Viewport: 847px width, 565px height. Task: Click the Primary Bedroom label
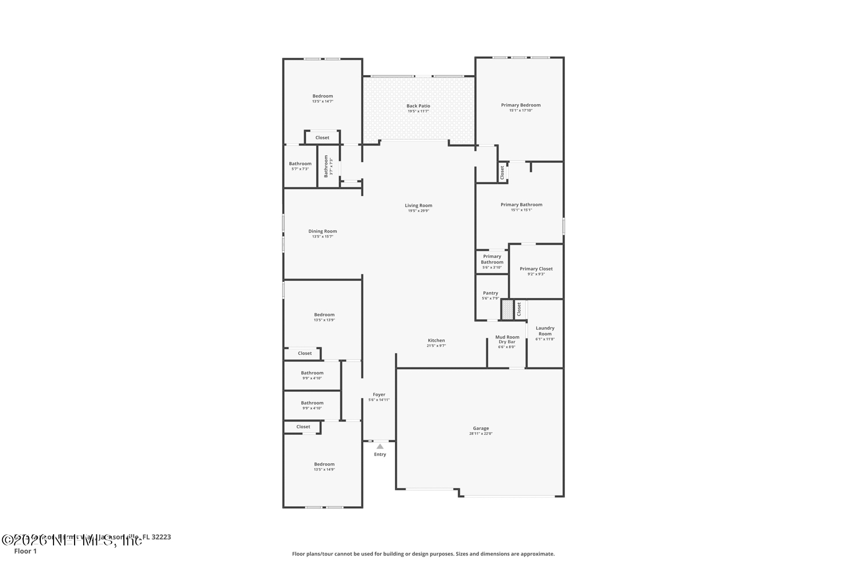(x=520, y=105)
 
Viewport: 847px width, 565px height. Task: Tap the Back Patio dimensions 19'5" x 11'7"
(x=418, y=111)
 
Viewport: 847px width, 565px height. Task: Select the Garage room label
(x=481, y=428)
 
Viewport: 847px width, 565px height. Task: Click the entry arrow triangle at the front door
(x=380, y=447)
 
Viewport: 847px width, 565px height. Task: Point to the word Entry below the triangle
(x=380, y=454)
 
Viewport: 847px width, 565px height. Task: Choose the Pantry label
(x=490, y=293)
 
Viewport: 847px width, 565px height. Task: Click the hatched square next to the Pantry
(x=507, y=310)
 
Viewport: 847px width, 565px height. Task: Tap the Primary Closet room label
(x=536, y=268)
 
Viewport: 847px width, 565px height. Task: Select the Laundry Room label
(x=545, y=330)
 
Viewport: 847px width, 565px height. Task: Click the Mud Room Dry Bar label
(x=507, y=339)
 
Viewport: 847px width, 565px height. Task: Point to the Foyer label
(x=379, y=394)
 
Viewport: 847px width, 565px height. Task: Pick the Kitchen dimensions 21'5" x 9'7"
(x=436, y=346)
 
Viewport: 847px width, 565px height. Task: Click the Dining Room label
(x=322, y=231)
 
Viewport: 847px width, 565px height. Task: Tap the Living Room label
(x=418, y=205)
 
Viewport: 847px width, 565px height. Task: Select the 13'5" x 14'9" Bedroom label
(x=324, y=464)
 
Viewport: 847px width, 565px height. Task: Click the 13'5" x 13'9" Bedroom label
(x=324, y=315)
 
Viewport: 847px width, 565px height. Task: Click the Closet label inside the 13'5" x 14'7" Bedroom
(x=322, y=138)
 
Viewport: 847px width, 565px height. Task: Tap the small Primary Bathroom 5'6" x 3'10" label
(x=492, y=259)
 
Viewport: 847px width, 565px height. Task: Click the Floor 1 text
(x=25, y=551)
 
